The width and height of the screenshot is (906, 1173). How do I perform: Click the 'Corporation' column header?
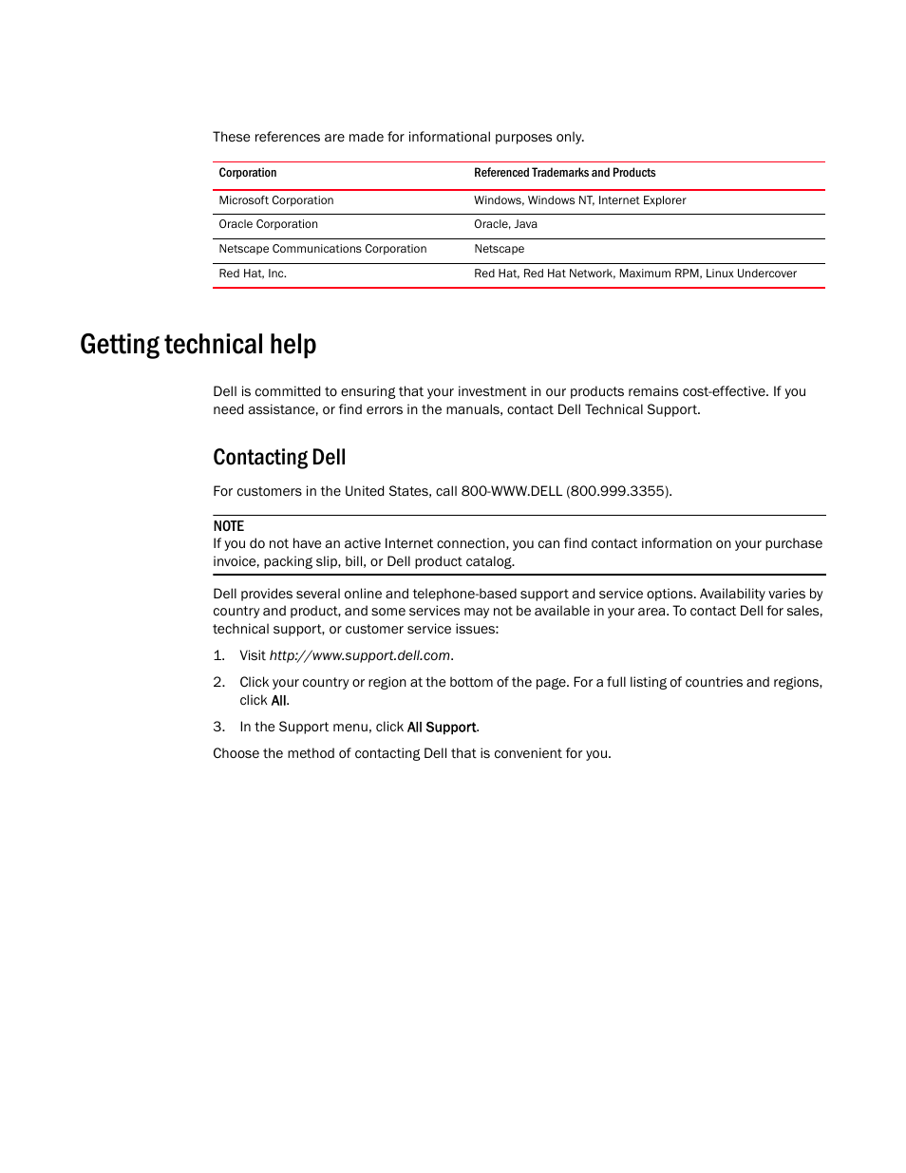pyautogui.click(x=248, y=173)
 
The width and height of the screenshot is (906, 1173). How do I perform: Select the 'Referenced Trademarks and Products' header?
pyautogui.click(x=564, y=173)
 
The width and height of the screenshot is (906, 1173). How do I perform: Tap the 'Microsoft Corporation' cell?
pyautogui.click(x=276, y=200)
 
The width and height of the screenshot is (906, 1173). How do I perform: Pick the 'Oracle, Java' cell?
pyautogui.click(x=505, y=224)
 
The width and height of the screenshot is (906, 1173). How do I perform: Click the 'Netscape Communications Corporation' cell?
pyautogui.click(x=323, y=249)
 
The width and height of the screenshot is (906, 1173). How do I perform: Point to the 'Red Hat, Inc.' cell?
pyautogui.click(x=253, y=274)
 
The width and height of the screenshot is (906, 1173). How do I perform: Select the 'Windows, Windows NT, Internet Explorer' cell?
pyautogui.click(x=579, y=200)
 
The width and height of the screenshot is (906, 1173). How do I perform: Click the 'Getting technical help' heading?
pyautogui.click(x=198, y=344)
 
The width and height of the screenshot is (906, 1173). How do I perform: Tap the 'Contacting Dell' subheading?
pyautogui.click(x=279, y=458)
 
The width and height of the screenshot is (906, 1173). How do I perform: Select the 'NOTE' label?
pyautogui.click(x=228, y=526)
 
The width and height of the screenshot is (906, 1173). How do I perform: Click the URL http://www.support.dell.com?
pyautogui.click(x=360, y=655)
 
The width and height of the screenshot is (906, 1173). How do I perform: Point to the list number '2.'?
pyautogui.click(x=218, y=682)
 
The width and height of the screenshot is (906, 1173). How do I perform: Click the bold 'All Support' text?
pyautogui.click(x=442, y=728)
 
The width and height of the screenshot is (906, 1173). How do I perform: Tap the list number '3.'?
pyautogui.click(x=218, y=727)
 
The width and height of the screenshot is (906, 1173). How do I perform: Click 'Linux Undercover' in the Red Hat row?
pyautogui.click(x=751, y=274)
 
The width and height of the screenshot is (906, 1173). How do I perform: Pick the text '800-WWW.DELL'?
pyautogui.click(x=511, y=491)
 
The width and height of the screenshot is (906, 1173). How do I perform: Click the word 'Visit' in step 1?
pyautogui.click(x=253, y=655)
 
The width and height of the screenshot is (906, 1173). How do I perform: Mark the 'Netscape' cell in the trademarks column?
pyautogui.click(x=499, y=249)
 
